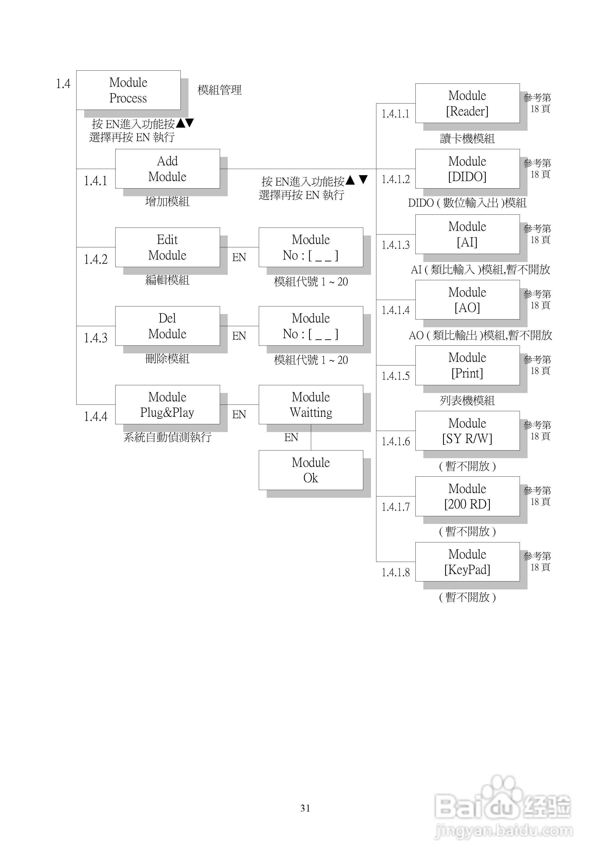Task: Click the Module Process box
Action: (x=128, y=90)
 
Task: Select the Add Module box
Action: (x=167, y=169)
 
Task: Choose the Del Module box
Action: (x=167, y=326)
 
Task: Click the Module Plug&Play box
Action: (x=167, y=405)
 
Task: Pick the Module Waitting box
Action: (x=311, y=405)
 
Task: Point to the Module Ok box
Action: (x=311, y=470)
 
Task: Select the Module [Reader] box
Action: (x=467, y=103)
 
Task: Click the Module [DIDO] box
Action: (x=467, y=169)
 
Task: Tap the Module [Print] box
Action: (x=467, y=365)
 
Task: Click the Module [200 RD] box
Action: (x=467, y=496)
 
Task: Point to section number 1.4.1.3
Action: (x=396, y=245)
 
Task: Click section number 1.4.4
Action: (x=96, y=417)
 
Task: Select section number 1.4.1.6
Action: (x=396, y=441)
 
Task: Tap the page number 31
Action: (x=305, y=808)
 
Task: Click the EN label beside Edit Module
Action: (x=239, y=257)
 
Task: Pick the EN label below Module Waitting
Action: (x=291, y=437)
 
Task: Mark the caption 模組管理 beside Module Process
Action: (x=219, y=90)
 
